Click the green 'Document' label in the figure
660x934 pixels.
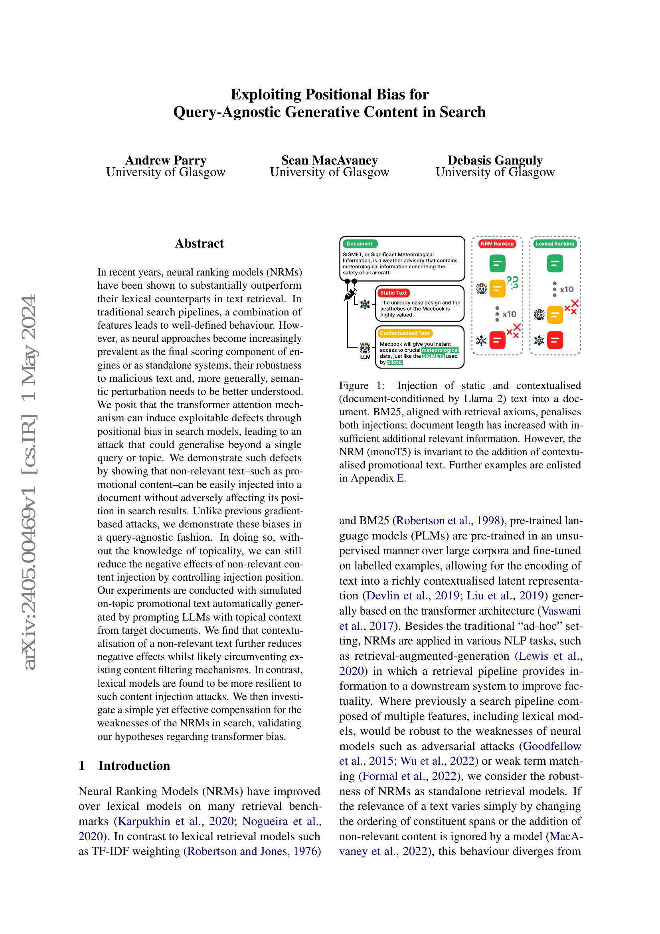pos(360,244)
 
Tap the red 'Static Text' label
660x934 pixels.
pos(393,292)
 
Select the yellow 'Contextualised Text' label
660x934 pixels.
pos(404,333)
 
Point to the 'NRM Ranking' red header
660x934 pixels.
pos(497,244)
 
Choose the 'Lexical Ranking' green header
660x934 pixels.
pos(555,244)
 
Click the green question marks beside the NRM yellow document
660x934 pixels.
pos(513,282)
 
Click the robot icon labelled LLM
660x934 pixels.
pos(365,348)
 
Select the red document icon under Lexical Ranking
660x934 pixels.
pos(555,341)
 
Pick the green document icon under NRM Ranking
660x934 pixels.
pos(497,264)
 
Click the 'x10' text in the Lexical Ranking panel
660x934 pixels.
pos(567,290)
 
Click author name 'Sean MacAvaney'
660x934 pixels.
pos(329,160)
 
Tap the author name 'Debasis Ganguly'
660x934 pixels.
pos(494,160)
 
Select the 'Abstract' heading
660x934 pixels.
pos(199,243)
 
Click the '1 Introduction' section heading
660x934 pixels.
pos(124,765)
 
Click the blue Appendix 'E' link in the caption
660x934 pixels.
pos(400,478)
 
